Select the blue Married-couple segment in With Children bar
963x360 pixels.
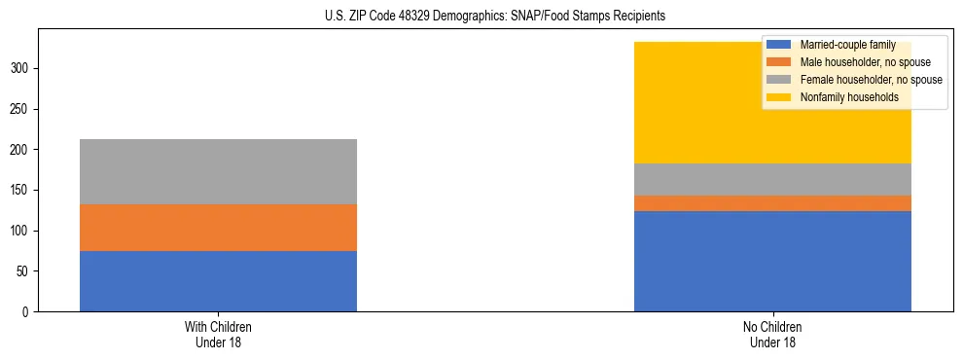(x=218, y=281)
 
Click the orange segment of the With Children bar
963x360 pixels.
(x=218, y=228)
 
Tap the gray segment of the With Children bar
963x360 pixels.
(x=218, y=171)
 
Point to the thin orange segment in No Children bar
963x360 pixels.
(x=772, y=203)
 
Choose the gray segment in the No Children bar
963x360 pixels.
(x=772, y=179)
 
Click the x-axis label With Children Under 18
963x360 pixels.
(x=218, y=334)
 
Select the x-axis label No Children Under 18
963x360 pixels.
(x=772, y=334)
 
